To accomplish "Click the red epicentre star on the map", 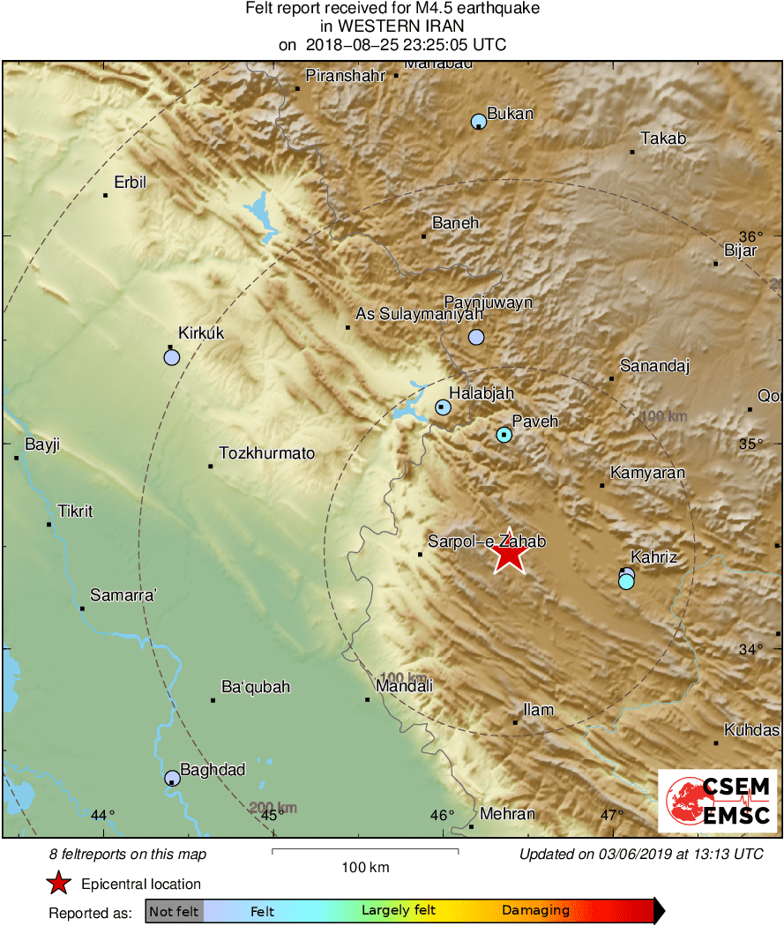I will pyautogui.click(x=509, y=555).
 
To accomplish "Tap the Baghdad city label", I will pyautogui.click(x=213, y=770).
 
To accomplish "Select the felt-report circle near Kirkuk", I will pyautogui.click(x=172, y=357).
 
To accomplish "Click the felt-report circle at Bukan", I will pyautogui.click(x=479, y=121).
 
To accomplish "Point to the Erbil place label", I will pyautogui.click(x=130, y=183).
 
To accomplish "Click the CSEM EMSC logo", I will pyautogui.click(x=718, y=801).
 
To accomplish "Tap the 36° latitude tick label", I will pyautogui.click(x=750, y=236).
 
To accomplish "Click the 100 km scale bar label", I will pyautogui.click(x=365, y=868).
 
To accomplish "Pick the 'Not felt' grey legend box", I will pyautogui.click(x=174, y=911).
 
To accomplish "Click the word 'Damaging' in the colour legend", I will pyautogui.click(x=535, y=911).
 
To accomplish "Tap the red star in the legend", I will pyautogui.click(x=58, y=884).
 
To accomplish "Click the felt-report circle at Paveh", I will pyautogui.click(x=504, y=435).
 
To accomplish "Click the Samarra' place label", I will pyautogui.click(x=123, y=595).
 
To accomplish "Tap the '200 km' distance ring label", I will pyautogui.click(x=273, y=807).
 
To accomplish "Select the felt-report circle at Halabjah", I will pyautogui.click(x=443, y=407).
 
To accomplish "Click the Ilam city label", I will pyautogui.click(x=538, y=709).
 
